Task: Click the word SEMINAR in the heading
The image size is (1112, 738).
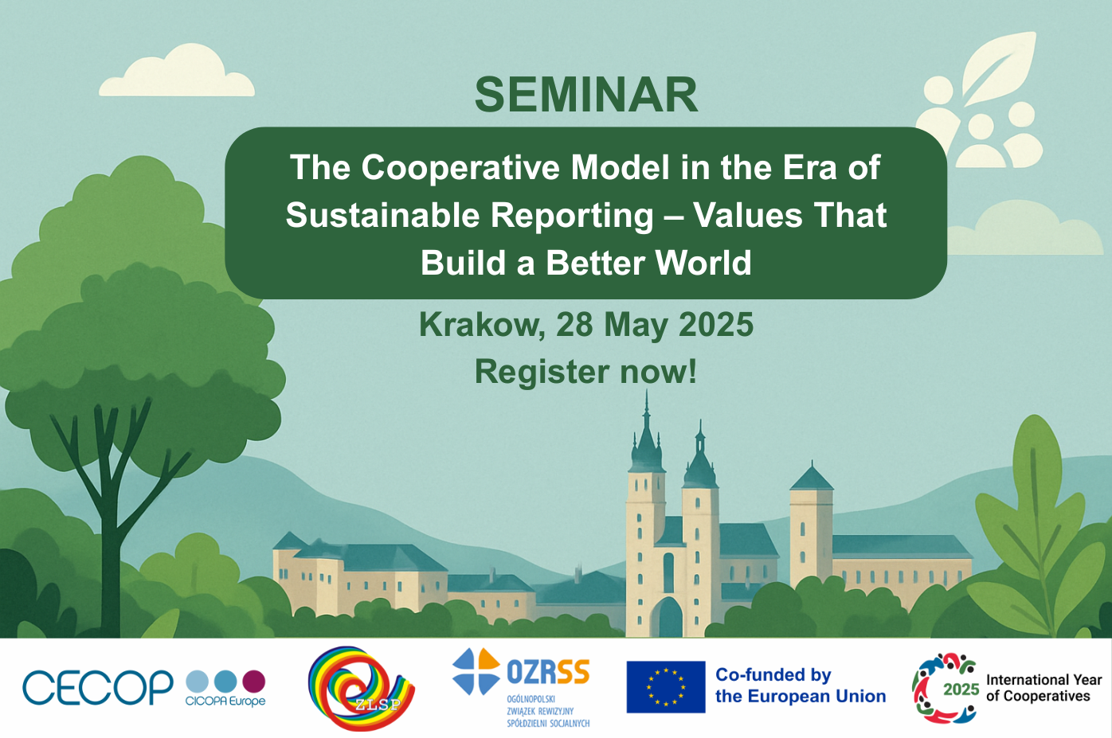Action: [586, 95]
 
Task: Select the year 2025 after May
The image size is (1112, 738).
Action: [716, 325]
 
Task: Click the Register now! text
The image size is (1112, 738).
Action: [585, 372]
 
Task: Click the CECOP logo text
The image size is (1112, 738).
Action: [98, 687]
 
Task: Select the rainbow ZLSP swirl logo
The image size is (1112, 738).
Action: [361, 688]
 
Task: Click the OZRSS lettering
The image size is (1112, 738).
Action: [548, 671]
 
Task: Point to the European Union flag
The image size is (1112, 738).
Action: [666, 687]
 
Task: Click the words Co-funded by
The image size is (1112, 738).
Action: [773, 675]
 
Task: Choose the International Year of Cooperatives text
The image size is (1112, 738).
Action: [1044, 688]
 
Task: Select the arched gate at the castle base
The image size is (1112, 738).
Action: [668, 617]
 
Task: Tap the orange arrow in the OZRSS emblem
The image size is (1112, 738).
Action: [489, 660]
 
